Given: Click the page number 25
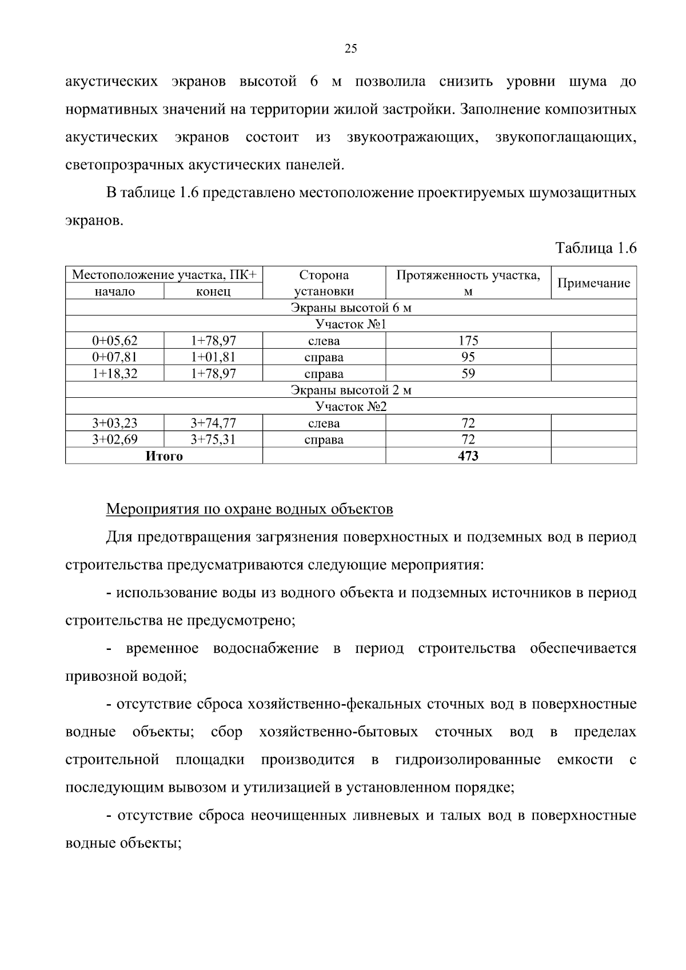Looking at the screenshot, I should (350, 49).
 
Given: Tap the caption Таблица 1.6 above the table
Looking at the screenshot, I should (596, 248).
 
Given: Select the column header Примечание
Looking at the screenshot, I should (593, 283).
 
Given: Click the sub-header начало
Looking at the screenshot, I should (115, 292).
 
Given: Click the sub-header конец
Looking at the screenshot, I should (213, 292).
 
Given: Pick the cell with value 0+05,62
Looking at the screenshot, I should (115, 341).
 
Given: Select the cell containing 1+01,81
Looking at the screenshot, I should (213, 358).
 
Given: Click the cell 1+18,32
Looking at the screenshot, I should (115, 374).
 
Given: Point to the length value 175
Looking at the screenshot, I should (468, 341).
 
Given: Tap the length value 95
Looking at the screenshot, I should (468, 358).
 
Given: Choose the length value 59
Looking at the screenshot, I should (468, 374).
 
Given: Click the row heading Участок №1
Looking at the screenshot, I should (351, 325).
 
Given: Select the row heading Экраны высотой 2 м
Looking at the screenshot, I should (351, 390).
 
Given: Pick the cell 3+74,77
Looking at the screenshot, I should (213, 424).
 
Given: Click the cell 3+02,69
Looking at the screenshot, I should (115, 440).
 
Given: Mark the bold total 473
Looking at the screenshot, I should (468, 456).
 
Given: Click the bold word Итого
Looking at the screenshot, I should (164, 456).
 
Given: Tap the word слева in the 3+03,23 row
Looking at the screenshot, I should (324, 424).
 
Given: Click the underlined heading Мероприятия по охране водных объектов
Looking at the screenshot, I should (250, 509).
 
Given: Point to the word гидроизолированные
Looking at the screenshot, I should (468, 760).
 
